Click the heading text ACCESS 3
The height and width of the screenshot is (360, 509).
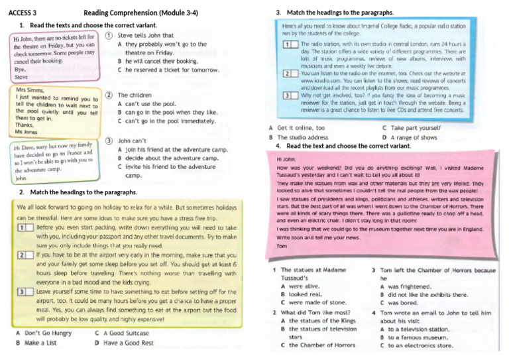pos(23,13)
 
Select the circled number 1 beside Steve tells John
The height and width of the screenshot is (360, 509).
pos(108,36)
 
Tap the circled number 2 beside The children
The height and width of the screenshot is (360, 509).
pos(108,95)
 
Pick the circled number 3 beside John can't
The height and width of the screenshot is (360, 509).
pos(108,141)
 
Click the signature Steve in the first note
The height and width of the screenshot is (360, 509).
pos(21,77)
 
